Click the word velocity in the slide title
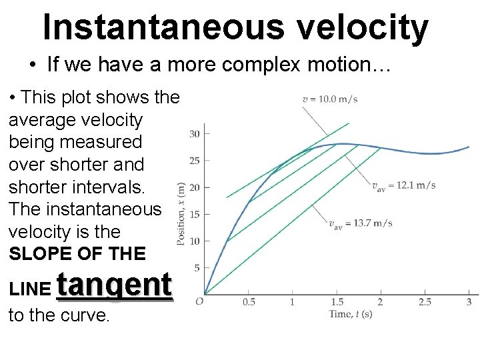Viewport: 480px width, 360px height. click(x=363, y=27)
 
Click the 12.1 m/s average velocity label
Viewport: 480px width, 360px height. click(x=403, y=185)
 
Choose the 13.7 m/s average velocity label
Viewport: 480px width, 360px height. click(x=360, y=223)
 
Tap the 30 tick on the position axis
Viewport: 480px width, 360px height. click(x=195, y=134)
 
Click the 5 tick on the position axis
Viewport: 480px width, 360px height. click(x=197, y=268)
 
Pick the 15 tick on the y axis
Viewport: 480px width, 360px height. click(x=195, y=215)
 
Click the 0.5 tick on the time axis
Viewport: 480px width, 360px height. click(x=248, y=303)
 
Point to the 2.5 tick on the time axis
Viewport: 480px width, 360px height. click(x=425, y=303)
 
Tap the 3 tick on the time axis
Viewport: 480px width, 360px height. click(x=469, y=303)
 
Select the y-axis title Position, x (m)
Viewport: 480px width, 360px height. click(x=181, y=214)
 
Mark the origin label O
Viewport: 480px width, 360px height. click(x=199, y=302)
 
